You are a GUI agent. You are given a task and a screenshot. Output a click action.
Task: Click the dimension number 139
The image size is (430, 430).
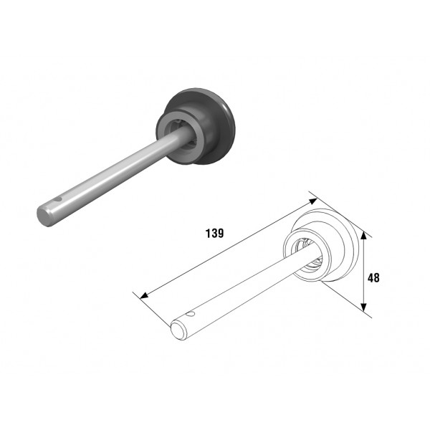pyautogui.click(x=214, y=233)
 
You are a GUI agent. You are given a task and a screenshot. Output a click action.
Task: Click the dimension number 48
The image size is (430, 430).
pyautogui.click(x=373, y=278)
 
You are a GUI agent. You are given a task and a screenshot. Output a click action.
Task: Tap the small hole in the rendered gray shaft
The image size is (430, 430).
pyautogui.click(x=57, y=199)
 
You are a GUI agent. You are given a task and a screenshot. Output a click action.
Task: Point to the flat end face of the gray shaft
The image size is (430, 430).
pyautogui.click(x=44, y=216)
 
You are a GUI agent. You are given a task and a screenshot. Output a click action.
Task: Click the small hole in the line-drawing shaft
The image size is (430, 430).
pyautogui.click(x=190, y=313)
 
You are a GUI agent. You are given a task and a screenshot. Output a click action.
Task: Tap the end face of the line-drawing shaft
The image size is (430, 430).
pyautogui.click(x=178, y=331)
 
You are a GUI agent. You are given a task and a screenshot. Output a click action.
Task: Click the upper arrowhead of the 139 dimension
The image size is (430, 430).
pyautogui.click(x=313, y=201)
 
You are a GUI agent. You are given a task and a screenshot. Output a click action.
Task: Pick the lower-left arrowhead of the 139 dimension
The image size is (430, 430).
pyautogui.click(x=144, y=295)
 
